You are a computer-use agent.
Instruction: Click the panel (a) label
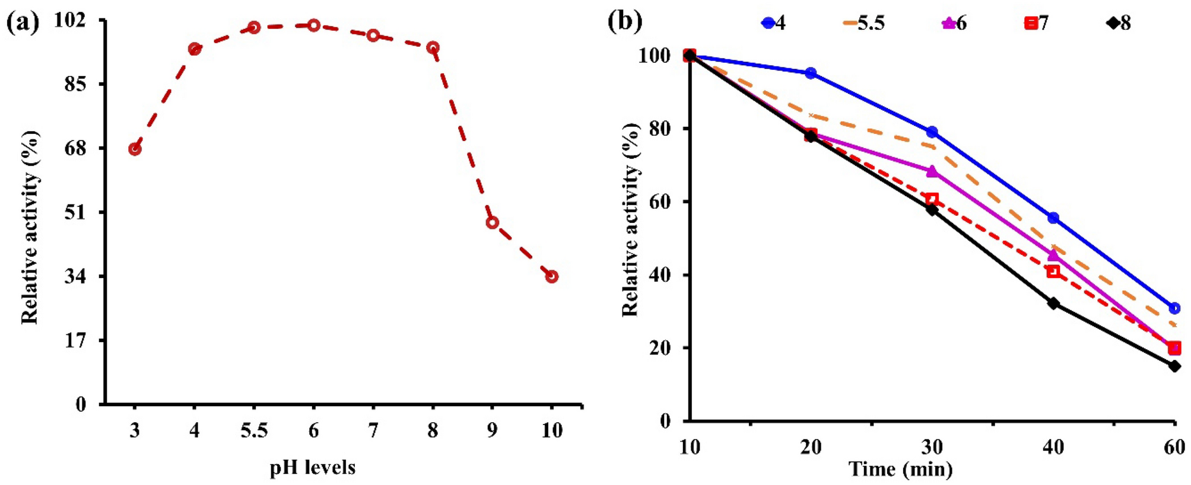click(x=23, y=23)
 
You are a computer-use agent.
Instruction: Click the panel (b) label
click(x=625, y=21)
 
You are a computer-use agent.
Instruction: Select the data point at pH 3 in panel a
click(x=135, y=149)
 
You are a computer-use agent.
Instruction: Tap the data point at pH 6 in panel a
click(x=313, y=25)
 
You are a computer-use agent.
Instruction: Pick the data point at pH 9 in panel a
click(x=492, y=223)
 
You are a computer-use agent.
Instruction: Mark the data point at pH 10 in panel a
click(x=551, y=276)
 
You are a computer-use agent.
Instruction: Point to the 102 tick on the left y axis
click(x=69, y=20)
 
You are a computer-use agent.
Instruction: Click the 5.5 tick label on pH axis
click(x=254, y=430)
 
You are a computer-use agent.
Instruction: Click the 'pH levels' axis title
click(x=312, y=468)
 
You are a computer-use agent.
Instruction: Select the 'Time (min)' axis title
click(x=900, y=469)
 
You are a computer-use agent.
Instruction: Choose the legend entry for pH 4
click(x=773, y=23)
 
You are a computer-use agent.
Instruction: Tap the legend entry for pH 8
click(x=1118, y=23)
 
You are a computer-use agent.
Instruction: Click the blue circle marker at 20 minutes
click(x=811, y=73)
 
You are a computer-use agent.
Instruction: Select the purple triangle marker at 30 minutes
click(x=932, y=171)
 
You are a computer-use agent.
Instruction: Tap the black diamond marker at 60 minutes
click(x=1174, y=366)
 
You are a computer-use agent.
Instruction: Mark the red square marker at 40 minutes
click(x=1053, y=271)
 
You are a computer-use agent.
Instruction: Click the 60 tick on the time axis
click(x=1174, y=447)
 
